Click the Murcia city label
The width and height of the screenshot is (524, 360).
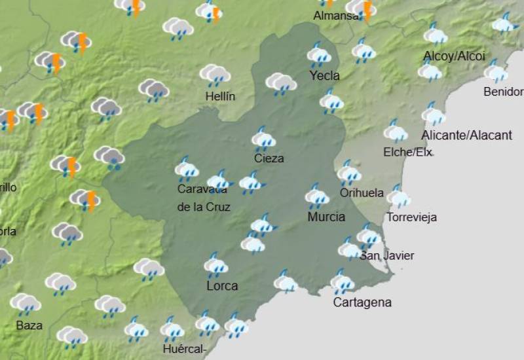326,217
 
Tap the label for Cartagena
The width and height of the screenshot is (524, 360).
362,302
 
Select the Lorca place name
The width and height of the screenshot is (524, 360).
221,286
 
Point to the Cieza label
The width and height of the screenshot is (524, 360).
269,158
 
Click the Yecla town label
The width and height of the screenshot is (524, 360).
324,76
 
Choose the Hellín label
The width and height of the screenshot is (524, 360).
220,96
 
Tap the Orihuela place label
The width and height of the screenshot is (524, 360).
362,192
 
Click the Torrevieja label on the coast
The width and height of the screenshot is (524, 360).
411,217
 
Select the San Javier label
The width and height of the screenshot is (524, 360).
387,256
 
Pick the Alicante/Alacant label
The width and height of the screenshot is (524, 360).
466,135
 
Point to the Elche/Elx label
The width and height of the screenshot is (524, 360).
407,153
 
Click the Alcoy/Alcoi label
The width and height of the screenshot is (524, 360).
454,56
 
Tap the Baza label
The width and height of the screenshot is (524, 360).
29,325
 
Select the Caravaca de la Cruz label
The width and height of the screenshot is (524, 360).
204,198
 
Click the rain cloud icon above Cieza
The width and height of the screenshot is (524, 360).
263,139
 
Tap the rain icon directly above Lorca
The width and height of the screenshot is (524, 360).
215,265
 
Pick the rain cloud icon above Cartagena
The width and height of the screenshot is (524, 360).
342,281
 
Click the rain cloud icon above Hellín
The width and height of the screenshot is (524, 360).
215,75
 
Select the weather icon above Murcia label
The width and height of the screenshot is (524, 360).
317,196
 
